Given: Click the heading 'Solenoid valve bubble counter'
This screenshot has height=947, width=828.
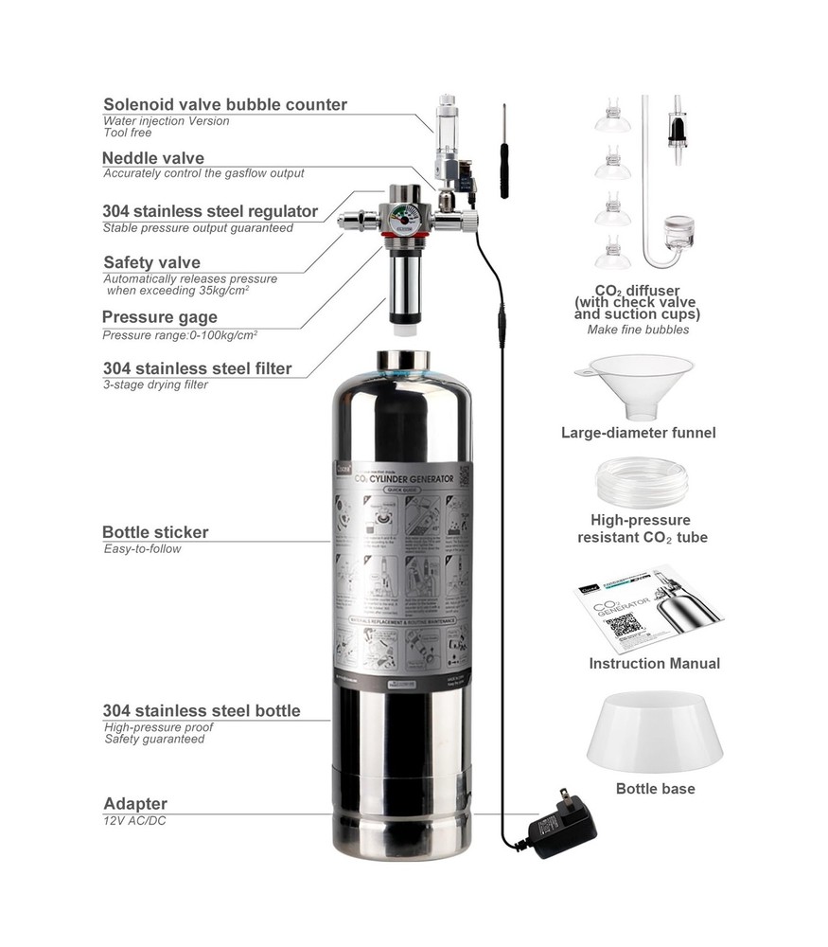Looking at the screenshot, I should tap(224, 104).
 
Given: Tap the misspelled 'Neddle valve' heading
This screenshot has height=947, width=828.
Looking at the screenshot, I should tap(152, 158).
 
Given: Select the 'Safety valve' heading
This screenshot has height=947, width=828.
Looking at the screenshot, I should tap(151, 262).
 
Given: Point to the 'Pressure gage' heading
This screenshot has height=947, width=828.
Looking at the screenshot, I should tap(159, 317).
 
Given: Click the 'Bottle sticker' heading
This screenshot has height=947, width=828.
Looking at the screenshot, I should tap(155, 532).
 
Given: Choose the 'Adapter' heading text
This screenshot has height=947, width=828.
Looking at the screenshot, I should tap(135, 804).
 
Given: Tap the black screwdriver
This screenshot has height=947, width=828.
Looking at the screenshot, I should tap(504, 152).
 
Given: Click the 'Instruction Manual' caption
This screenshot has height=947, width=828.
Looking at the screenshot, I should tap(654, 664).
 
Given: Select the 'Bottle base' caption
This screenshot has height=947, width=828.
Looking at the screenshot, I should tap(655, 788).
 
